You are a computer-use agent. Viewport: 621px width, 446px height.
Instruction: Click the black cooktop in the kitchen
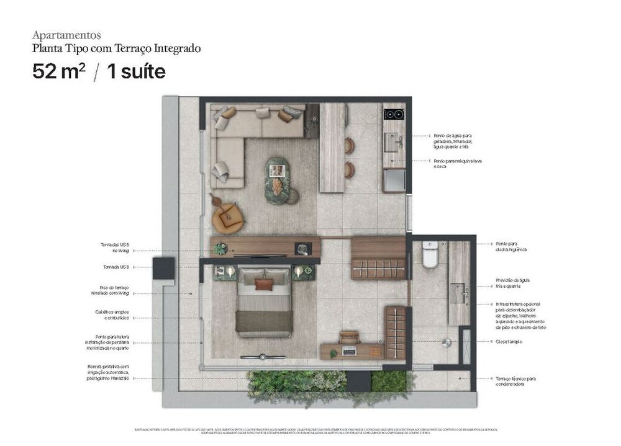(394, 114)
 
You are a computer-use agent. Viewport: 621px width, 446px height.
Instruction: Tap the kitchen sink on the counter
(392, 142)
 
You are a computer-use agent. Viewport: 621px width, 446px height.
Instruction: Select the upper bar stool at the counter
(350, 146)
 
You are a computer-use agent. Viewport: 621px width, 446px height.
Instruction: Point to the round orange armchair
(227, 218)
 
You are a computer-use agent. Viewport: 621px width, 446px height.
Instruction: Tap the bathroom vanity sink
(460, 292)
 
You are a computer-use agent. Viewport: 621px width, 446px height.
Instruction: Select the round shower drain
(445, 342)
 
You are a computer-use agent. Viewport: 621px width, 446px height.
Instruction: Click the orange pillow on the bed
(264, 284)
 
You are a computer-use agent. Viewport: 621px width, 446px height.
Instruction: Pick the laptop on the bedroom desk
(350, 351)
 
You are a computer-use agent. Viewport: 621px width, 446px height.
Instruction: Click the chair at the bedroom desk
(350, 337)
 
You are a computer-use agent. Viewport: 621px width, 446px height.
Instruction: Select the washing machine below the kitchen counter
(394, 181)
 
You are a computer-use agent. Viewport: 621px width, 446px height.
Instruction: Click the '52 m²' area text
(58, 71)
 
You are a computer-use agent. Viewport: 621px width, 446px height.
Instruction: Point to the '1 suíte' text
(136, 71)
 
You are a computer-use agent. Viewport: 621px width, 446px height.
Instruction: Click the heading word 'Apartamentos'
(66, 35)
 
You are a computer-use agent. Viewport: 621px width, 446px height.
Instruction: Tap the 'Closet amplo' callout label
(509, 342)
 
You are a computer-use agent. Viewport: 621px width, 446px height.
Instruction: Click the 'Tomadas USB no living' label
(117, 248)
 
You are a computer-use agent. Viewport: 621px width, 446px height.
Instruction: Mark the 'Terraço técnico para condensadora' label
(515, 381)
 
